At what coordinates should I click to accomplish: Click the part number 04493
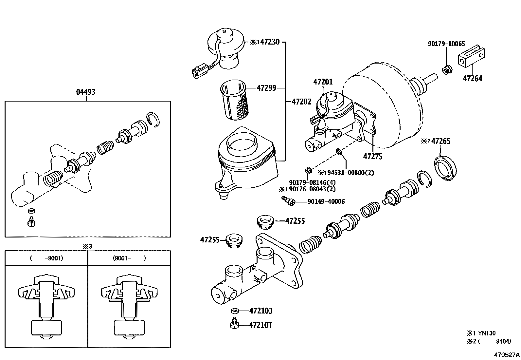86,92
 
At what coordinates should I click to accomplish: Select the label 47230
270,42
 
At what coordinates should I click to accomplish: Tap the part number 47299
266,88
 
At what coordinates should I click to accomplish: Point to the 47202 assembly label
301,102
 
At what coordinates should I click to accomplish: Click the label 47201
323,82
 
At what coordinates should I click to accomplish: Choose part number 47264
472,79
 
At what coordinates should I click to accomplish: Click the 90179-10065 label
446,44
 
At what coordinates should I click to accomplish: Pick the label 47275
373,157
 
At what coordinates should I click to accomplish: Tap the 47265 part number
441,141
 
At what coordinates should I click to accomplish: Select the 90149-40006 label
326,202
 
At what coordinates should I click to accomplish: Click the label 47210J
261,311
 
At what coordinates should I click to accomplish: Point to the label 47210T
260,325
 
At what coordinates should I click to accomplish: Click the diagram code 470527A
507,355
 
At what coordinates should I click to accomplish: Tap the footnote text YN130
487,333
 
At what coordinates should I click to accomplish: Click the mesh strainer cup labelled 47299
234,100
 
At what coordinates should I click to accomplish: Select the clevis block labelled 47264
472,58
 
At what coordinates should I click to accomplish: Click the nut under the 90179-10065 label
447,69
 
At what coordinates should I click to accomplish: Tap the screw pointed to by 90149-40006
288,201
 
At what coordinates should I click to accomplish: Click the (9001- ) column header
129,258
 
